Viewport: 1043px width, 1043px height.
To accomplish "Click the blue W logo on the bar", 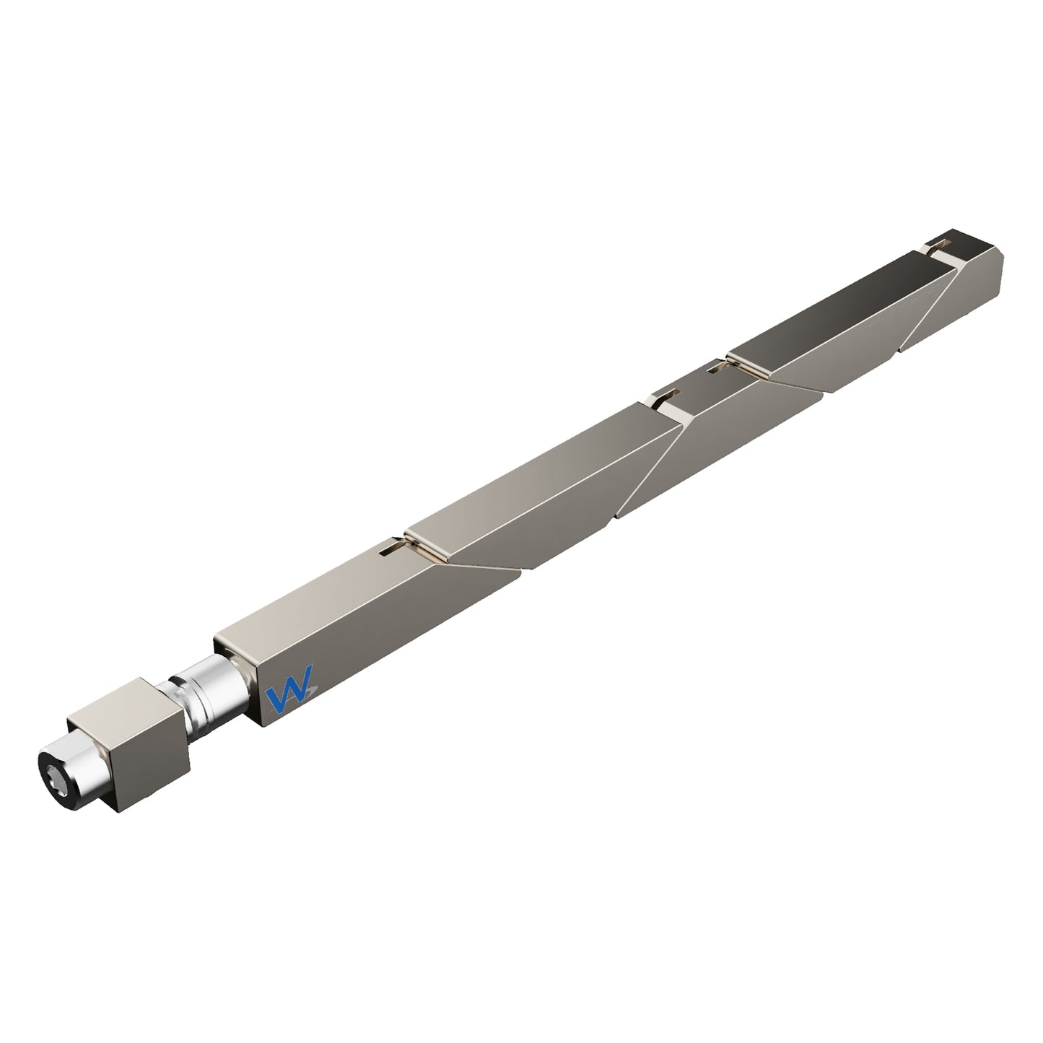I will pos(289,697).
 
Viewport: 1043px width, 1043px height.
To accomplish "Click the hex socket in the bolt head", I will pos(55,775).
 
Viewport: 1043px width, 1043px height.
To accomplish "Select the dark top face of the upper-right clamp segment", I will pos(830,310).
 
